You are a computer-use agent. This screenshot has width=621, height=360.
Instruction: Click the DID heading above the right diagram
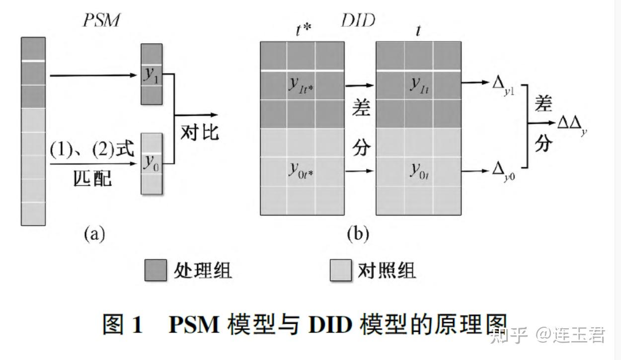click(x=358, y=20)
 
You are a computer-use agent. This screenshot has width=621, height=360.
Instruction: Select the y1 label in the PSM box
click(x=151, y=75)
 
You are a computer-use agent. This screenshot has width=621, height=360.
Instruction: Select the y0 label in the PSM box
click(x=151, y=163)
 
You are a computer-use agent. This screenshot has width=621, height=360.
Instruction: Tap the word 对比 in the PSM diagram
click(x=199, y=133)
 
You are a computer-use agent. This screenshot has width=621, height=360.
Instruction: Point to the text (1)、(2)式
click(x=92, y=151)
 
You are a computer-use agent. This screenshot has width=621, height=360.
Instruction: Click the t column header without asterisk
click(x=418, y=30)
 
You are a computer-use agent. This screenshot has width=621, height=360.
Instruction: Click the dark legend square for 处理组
click(x=155, y=271)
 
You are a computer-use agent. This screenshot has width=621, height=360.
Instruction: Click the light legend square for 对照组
click(x=341, y=271)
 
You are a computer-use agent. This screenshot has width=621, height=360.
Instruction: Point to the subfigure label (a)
click(x=94, y=233)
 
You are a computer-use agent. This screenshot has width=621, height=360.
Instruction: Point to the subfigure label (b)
click(x=358, y=233)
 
